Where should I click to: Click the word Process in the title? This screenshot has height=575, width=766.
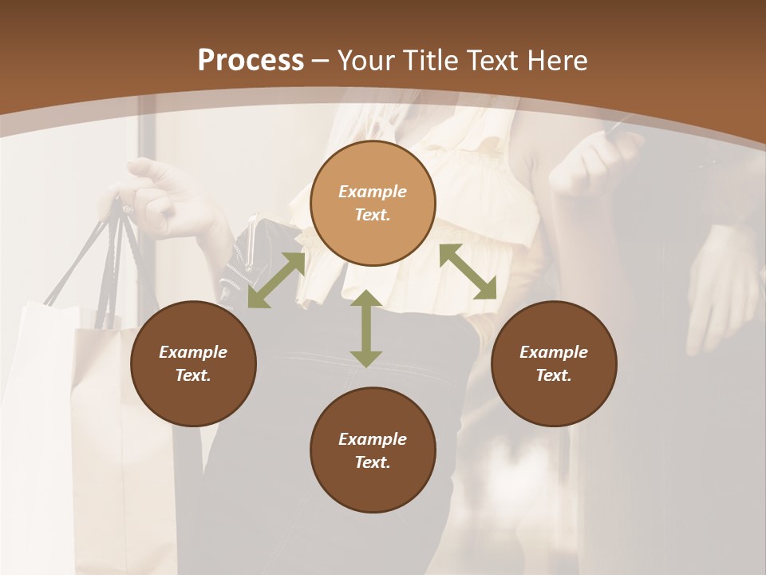251,61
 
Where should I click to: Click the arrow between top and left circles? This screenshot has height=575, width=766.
276,280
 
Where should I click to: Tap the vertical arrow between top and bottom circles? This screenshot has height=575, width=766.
366,329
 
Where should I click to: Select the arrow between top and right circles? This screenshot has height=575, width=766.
468,272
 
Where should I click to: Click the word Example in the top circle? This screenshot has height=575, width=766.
373,192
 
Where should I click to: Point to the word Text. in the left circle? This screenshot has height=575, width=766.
193,375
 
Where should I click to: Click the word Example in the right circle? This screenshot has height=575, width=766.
554,352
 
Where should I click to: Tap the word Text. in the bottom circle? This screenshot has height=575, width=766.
373,462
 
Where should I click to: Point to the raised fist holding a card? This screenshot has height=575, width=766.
598,160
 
